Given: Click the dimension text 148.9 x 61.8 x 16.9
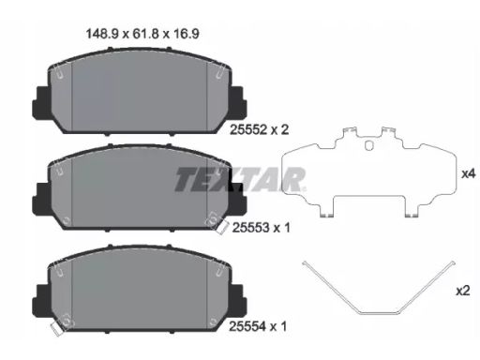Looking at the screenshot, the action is pos(142,34).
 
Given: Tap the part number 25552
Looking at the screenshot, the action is pos(248,129).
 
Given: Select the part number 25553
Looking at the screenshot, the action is pos(250,228).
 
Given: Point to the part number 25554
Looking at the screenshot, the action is pos(247,326).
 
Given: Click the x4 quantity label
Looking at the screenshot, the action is pos(468,174).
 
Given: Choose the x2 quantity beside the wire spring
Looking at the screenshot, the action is pos(463,292).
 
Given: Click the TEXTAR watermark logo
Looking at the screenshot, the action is pos(239,179).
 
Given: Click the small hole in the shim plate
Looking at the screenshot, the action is pos(369,145).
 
